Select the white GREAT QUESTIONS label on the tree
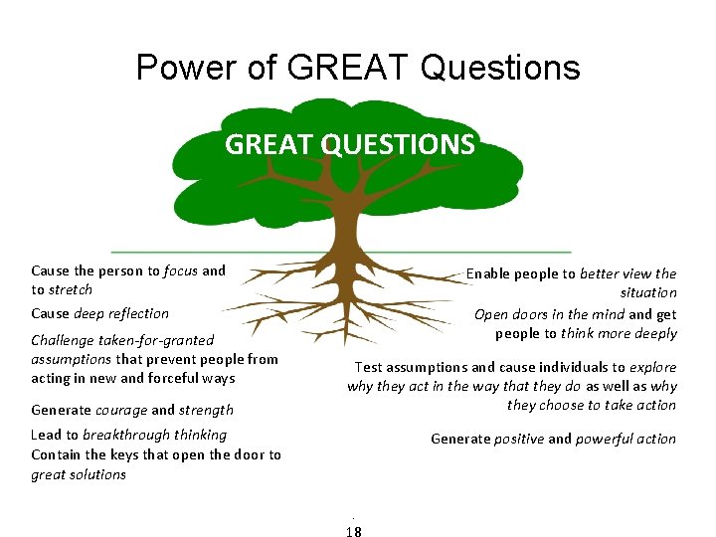tap(350, 145)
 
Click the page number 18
tap(353, 531)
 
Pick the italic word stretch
tap(70, 289)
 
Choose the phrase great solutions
tap(79, 474)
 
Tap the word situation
tap(648, 292)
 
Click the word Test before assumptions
tap(369, 367)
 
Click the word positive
tap(518, 439)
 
